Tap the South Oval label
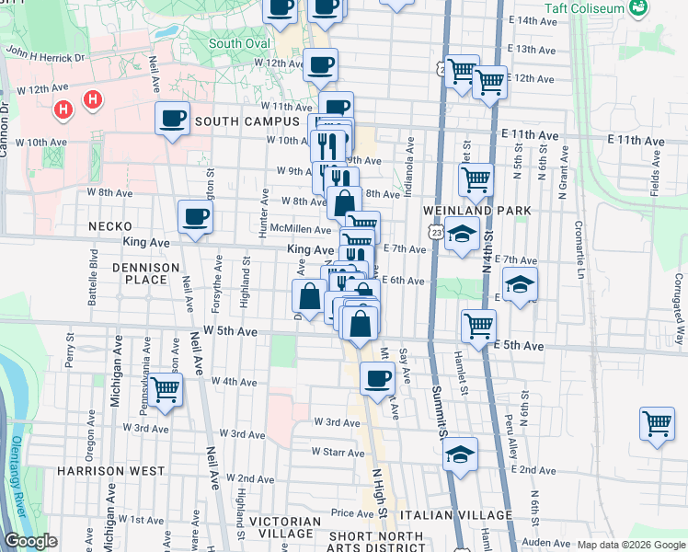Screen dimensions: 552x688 tap(238, 43)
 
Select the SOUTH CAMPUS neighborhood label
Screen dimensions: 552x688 tap(246, 121)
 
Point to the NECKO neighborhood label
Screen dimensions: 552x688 tap(109, 225)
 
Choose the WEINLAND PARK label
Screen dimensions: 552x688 tap(476, 211)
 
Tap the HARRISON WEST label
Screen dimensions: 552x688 tap(97, 470)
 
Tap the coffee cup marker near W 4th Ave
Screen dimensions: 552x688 tap(375, 377)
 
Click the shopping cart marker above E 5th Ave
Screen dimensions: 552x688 tap(478, 326)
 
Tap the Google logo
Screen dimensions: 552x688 tap(30, 542)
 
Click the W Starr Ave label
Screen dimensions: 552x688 tap(338, 452)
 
